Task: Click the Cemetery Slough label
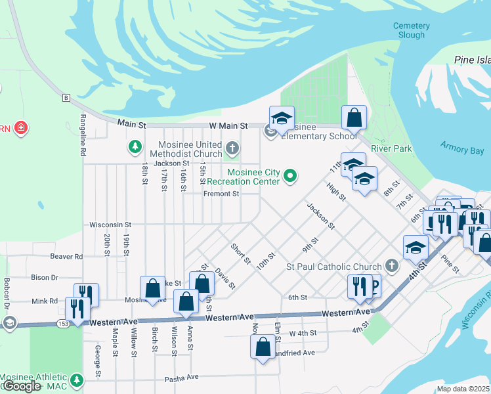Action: (x=411, y=30)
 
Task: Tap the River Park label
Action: (x=391, y=148)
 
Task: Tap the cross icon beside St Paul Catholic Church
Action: (x=391, y=266)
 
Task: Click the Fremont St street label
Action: (x=221, y=194)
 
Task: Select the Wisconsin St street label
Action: (x=110, y=225)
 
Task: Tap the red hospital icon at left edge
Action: (x=21, y=127)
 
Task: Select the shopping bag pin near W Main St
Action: (x=354, y=118)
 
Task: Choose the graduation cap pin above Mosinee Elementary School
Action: (x=281, y=118)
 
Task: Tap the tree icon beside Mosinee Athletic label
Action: (x=77, y=380)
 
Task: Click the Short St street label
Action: (x=240, y=253)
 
